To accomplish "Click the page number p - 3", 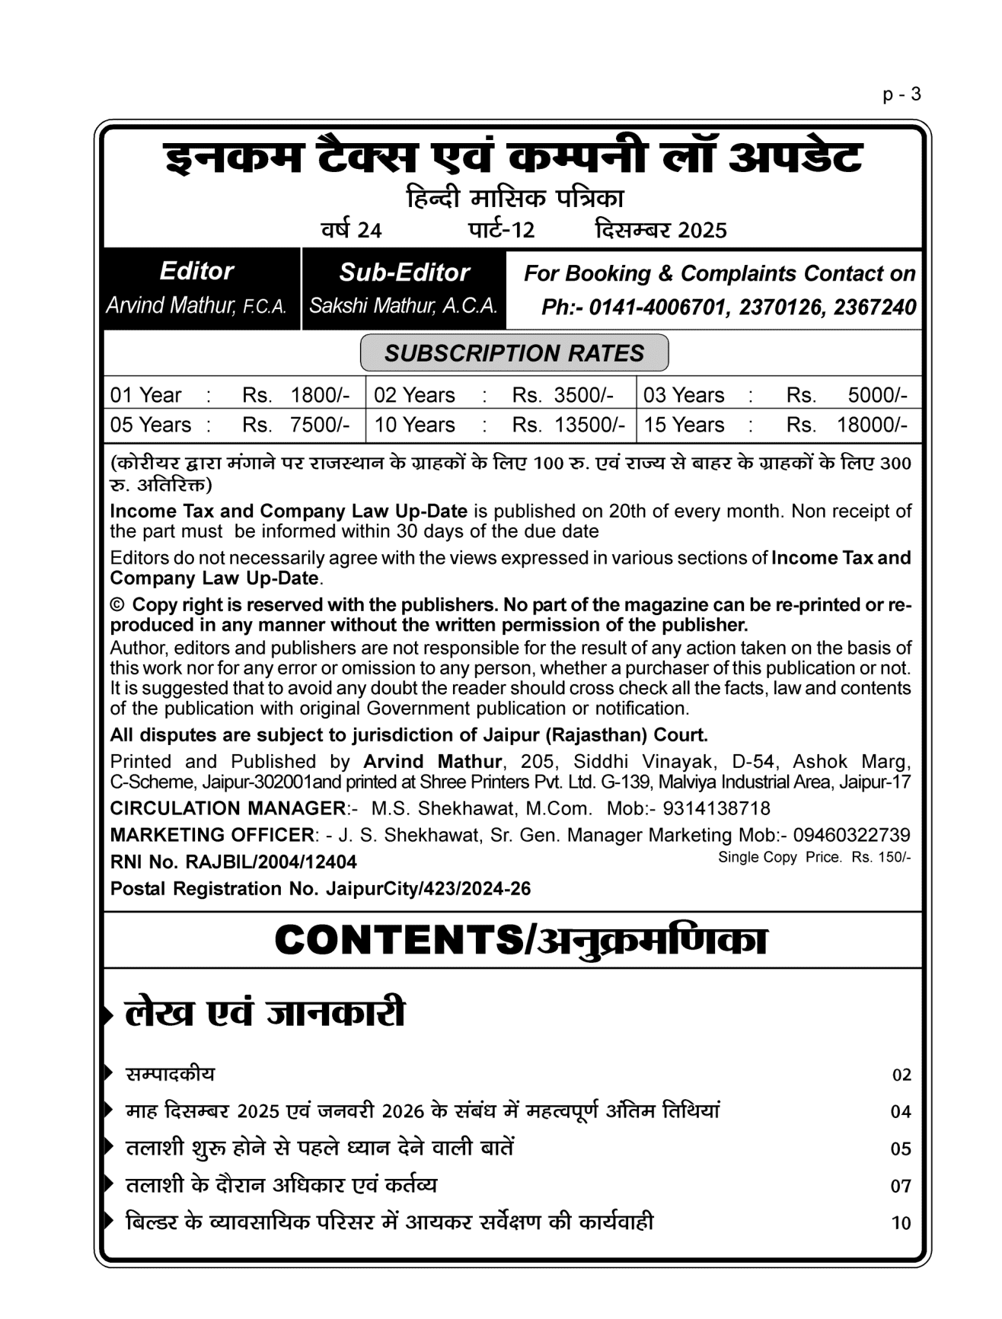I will (x=901, y=94).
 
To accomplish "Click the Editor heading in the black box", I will (x=196, y=271).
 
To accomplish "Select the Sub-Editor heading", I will (x=404, y=272).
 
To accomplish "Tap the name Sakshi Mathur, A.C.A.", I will (x=404, y=306).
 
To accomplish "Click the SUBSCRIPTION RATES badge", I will (x=514, y=353).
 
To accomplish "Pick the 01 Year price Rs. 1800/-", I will (x=296, y=395).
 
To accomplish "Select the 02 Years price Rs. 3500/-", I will (x=563, y=395).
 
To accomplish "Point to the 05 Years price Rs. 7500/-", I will (x=296, y=425).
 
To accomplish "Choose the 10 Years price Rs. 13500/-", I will (x=569, y=425).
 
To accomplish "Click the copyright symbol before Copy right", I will (x=117, y=605).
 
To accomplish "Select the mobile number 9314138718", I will (x=716, y=808).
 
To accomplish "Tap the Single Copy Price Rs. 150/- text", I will (x=814, y=857).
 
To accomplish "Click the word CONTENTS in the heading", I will (x=398, y=941).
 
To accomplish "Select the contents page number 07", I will (x=901, y=1186).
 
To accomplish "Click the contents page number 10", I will (x=901, y=1223).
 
